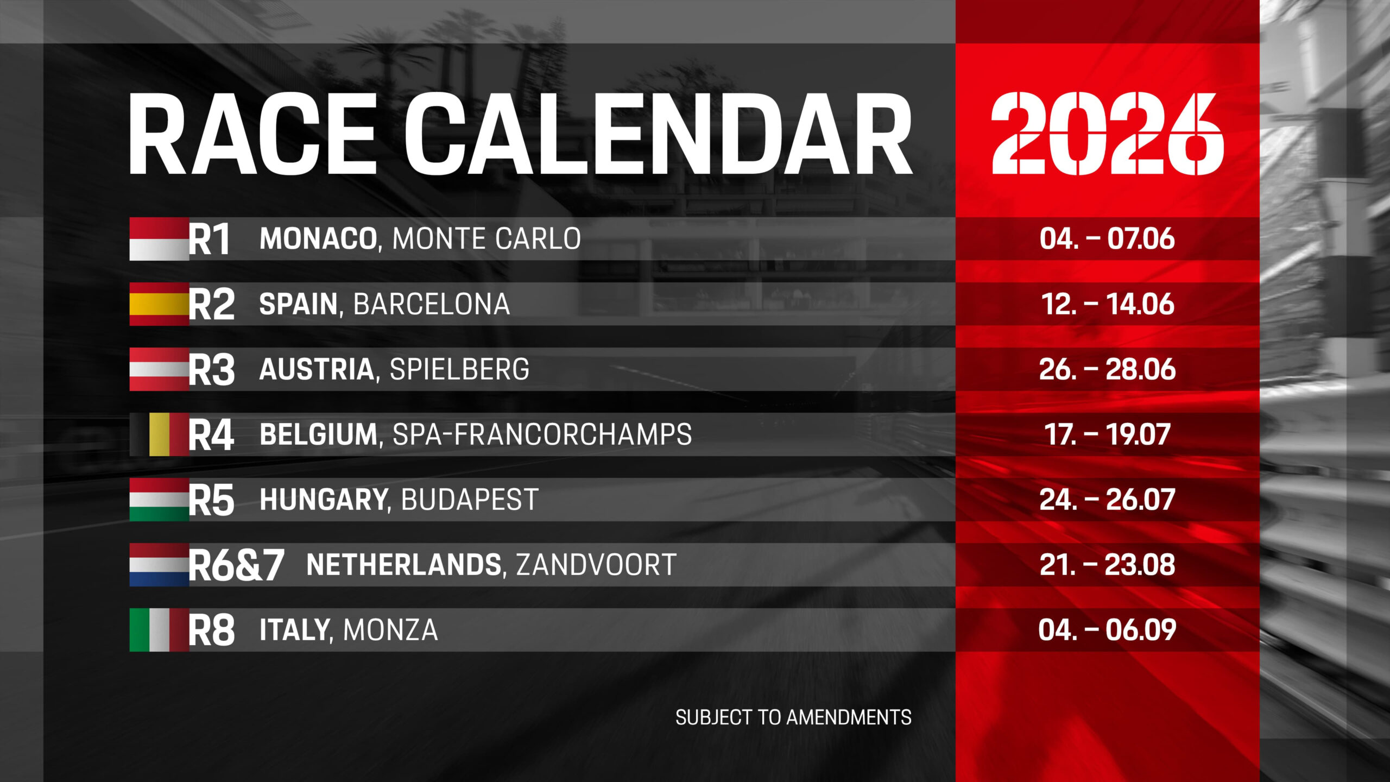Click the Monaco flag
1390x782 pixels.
159,239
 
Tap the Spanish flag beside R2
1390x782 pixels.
159,304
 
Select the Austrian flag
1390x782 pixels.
159,369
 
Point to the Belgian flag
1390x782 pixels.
160,434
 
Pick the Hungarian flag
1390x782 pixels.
159,500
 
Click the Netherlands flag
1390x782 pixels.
159,565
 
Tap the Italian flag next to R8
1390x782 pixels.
159,630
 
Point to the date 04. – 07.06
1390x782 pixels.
1108,239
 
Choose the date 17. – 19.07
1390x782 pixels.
1108,434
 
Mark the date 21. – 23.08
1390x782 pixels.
1108,565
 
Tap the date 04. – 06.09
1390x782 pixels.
1108,630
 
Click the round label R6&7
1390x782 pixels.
236,565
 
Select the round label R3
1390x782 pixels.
211,370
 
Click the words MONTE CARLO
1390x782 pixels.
486,239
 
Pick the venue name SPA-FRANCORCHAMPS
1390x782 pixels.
542,434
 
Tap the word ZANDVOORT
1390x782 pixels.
596,565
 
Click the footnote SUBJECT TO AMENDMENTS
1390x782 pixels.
793,718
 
